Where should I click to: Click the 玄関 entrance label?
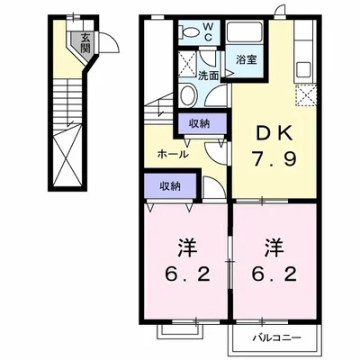tap(85, 43)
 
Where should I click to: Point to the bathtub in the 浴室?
tap(245, 32)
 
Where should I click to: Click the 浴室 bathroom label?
tap(247, 60)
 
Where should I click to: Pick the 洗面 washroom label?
tap(208, 76)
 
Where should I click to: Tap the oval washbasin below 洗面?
tap(189, 94)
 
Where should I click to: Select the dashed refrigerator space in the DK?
tap(306, 95)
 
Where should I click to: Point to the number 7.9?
tap(274, 159)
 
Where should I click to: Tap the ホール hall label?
tap(173, 155)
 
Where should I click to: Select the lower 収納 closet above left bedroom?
tap(170, 186)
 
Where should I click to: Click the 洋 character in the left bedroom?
tap(187, 247)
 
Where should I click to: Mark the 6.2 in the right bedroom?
tap(274, 274)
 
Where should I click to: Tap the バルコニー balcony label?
tap(276, 338)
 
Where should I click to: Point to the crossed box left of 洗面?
tap(187, 64)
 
